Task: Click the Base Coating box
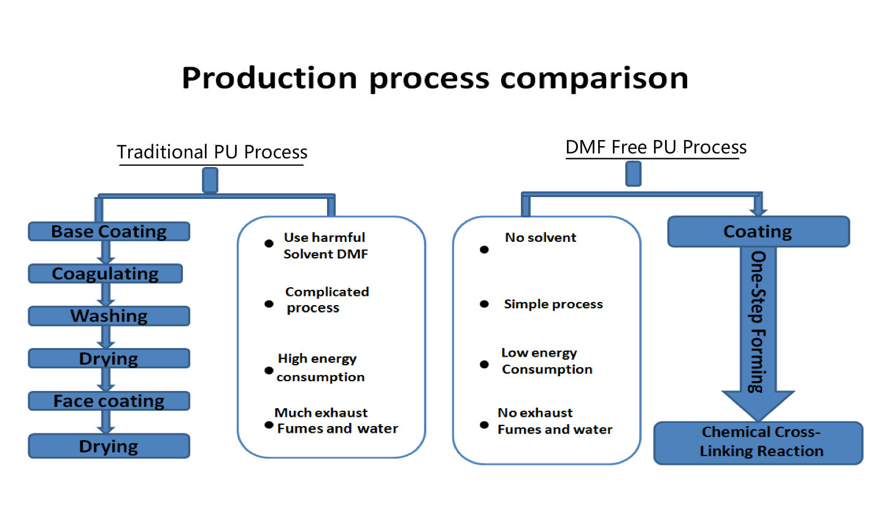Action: coord(109,231)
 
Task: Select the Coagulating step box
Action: coord(106,274)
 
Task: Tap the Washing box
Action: coord(109,316)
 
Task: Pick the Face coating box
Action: coord(109,401)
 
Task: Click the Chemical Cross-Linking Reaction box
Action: coord(758,443)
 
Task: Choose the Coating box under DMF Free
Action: coord(758,231)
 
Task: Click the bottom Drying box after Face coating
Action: coord(109,446)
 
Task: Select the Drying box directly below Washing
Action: coord(109,359)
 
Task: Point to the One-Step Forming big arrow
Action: coord(758,334)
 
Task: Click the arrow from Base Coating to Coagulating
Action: coord(106,253)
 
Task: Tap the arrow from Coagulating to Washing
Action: coord(106,295)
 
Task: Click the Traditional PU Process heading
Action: coord(212,152)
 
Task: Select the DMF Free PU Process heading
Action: coord(656,147)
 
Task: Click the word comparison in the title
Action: coord(594,79)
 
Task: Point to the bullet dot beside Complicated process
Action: coord(269,304)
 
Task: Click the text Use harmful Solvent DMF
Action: coord(325,246)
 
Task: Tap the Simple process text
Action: coord(553,304)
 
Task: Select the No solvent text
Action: coord(540,238)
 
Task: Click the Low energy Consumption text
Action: coord(547,361)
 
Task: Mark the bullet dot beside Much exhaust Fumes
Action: coord(269,425)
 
